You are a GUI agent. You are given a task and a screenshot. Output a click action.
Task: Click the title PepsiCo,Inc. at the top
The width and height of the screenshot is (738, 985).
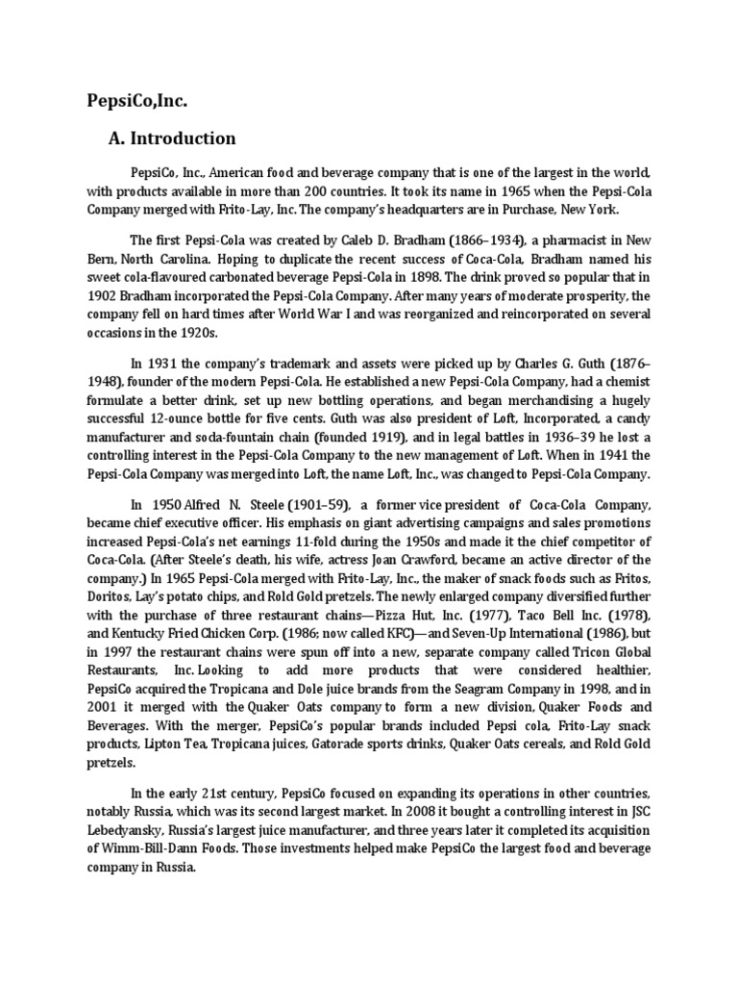tap(135, 100)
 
